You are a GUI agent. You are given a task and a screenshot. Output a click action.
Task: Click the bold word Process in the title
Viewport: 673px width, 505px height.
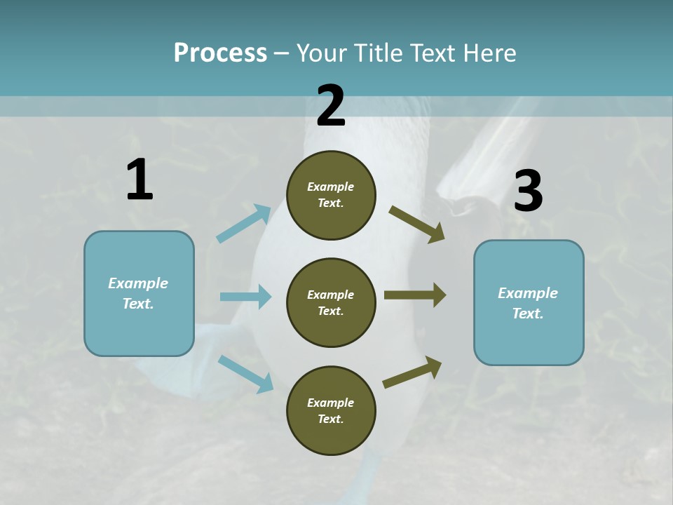[220, 53]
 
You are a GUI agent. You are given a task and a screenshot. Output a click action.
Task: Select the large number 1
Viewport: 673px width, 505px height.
[140, 180]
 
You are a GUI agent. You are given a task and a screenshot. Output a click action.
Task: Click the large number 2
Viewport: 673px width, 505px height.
[331, 106]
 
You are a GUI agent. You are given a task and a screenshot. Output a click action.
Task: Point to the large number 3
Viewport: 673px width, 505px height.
[528, 191]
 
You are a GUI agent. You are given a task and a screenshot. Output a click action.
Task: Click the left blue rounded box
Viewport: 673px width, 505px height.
[139, 293]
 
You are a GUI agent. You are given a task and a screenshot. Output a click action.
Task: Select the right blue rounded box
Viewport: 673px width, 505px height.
[529, 303]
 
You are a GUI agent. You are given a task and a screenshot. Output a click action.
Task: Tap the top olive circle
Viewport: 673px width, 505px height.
[331, 195]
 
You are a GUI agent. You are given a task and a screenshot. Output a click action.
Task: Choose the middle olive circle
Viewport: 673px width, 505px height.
[331, 302]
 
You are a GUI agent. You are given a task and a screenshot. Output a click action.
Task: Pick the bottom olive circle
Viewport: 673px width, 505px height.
[331, 410]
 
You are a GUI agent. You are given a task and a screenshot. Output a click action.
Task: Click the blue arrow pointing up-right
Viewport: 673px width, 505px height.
[244, 223]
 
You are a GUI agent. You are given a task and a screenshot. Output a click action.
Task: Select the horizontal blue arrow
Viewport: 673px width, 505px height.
[245, 297]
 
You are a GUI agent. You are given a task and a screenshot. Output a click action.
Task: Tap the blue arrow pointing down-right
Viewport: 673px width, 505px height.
[245, 373]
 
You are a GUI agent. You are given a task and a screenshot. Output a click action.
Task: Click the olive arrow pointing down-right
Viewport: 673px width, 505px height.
[417, 224]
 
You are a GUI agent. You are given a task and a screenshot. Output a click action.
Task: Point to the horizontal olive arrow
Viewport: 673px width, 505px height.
[415, 295]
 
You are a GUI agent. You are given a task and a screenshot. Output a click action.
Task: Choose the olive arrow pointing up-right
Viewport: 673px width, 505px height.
[412, 372]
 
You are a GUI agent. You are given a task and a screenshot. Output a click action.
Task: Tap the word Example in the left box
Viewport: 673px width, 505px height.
[138, 283]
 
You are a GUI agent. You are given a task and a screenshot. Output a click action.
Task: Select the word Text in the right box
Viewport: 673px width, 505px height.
[526, 314]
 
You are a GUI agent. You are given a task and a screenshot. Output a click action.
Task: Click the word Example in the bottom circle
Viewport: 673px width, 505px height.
[330, 403]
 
